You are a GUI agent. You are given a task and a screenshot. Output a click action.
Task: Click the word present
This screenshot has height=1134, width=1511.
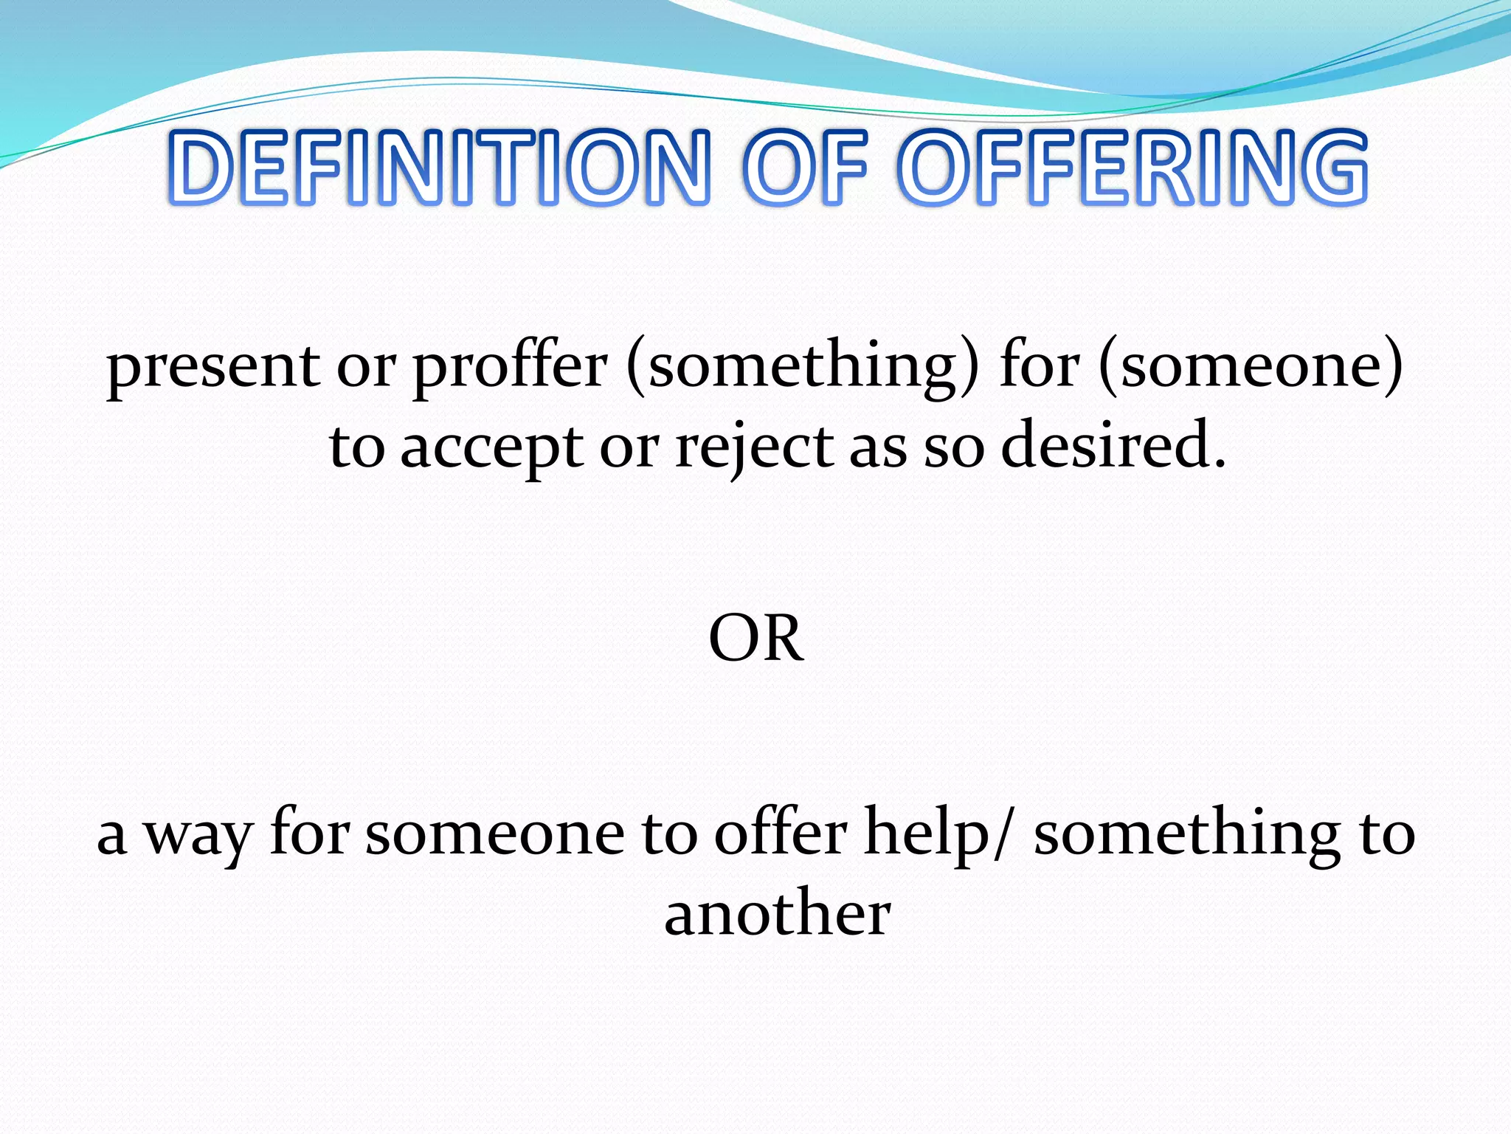point(213,367)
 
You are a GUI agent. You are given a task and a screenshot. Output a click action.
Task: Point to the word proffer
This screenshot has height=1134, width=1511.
point(510,367)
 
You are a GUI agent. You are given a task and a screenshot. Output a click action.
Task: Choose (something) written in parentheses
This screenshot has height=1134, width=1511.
point(803,367)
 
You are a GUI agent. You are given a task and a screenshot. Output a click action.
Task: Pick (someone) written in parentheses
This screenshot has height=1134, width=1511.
point(1251,367)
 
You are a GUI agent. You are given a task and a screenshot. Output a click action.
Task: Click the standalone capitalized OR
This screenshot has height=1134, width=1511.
point(756,639)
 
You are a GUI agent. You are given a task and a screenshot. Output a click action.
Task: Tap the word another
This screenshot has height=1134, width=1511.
point(778,914)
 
